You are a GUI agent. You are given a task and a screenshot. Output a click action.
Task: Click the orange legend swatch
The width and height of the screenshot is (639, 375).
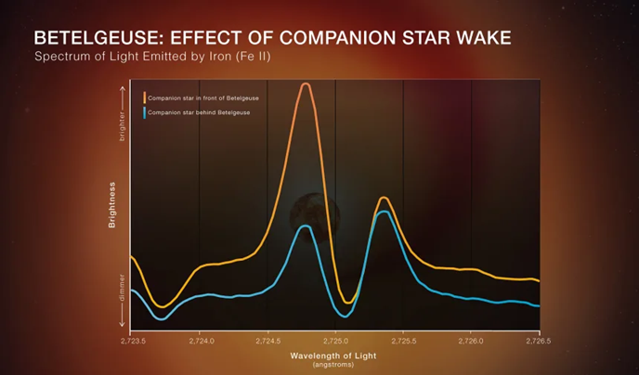(144, 97)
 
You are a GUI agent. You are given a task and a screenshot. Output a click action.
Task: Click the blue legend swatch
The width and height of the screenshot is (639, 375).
(144, 112)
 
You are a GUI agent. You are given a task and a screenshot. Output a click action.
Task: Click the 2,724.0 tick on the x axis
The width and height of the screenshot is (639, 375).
(200, 342)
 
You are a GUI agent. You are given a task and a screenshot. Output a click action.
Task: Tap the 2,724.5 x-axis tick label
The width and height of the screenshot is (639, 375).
(267, 342)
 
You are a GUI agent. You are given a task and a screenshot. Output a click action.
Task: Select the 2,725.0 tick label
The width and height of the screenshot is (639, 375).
(335, 342)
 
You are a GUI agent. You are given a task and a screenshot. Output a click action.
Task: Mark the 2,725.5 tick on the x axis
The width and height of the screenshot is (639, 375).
(404, 342)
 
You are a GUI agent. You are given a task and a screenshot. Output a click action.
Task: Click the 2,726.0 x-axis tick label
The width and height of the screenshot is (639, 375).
(472, 342)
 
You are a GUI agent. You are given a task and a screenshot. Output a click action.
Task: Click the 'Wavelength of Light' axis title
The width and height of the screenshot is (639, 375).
(335, 355)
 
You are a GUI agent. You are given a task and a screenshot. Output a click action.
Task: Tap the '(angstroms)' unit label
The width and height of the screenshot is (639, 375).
(335, 364)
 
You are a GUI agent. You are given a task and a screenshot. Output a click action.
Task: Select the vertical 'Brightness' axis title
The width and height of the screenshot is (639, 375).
(112, 206)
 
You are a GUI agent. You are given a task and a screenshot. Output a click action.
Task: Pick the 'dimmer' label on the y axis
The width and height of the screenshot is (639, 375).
(121, 290)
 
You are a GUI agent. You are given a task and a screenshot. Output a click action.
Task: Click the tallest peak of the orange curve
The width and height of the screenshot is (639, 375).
(305, 84)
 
